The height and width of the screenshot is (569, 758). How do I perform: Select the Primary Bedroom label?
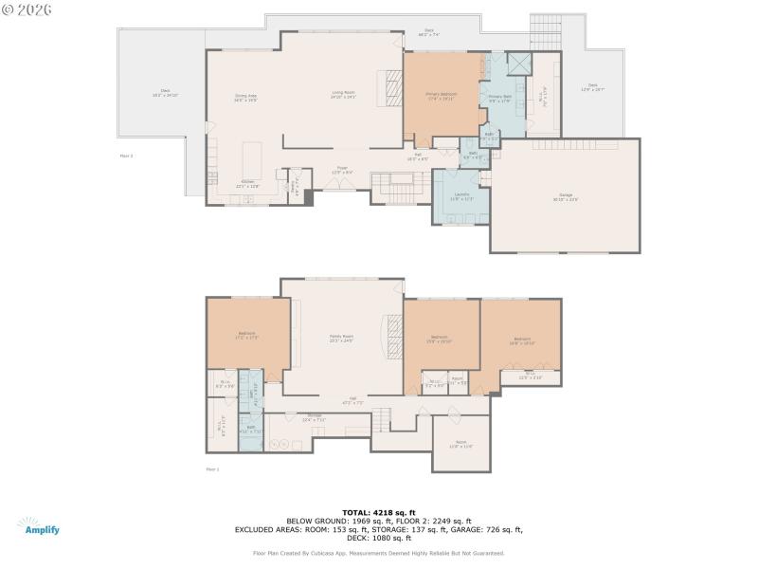[441, 95]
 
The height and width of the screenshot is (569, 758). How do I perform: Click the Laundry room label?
[460, 197]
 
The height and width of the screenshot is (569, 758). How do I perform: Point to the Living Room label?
[343, 94]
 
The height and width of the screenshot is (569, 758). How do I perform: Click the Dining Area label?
[246, 97]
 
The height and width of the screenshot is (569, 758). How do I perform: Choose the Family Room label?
[341, 338]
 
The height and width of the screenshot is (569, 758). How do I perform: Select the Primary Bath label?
[499, 99]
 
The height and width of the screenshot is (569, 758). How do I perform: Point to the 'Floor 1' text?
[212, 469]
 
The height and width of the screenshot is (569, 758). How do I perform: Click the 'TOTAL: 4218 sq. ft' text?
[378, 513]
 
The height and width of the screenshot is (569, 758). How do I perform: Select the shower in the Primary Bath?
[518, 64]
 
